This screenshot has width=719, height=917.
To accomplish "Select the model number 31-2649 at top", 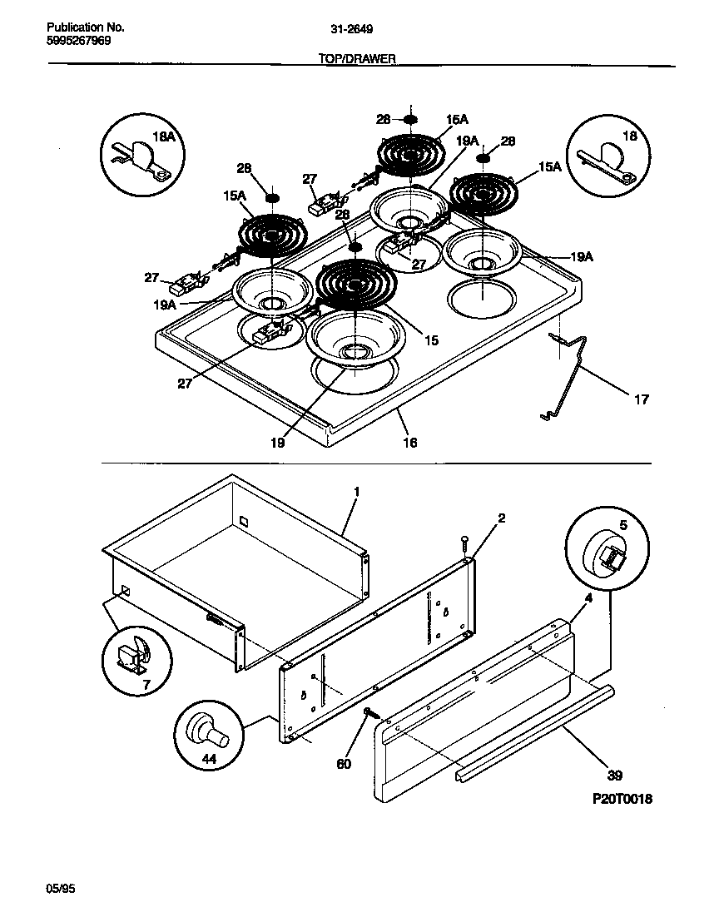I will (x=351, y=28).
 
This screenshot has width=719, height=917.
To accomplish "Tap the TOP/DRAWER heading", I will (x=357, y=59).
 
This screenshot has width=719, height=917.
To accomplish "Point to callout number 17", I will (x=641, y=399).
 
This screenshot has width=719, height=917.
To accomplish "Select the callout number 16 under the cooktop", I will (x=409, y=443).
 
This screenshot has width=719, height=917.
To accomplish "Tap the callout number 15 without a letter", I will (x=430, y=340).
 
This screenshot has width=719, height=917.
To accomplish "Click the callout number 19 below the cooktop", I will (x=277, y=444).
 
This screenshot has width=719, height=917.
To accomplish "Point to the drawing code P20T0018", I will (x=622, y=799).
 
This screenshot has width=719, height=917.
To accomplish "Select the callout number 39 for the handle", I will (x=614, y=776).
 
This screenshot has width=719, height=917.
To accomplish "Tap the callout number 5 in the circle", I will (x=624, y=527).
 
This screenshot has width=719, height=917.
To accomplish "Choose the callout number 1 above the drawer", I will (x=356, y=492).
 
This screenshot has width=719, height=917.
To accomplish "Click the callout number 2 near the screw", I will (x=501, y=518).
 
